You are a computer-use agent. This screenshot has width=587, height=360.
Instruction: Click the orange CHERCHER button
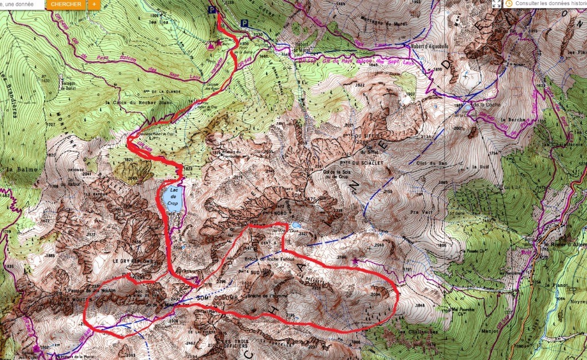tap(65, 4)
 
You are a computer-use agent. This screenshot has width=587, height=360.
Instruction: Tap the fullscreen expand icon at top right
tap(496, 3)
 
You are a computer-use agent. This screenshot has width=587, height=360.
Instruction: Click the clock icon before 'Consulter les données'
tap(509, 3)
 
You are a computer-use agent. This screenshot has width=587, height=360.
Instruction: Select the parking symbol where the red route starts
tap(213, 10)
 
